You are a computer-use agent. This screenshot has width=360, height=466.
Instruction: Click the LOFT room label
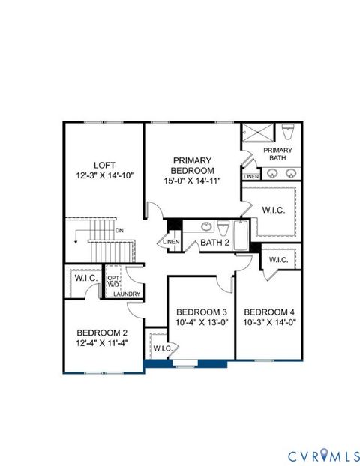(104, 165)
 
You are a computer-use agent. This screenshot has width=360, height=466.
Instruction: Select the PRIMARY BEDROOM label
(192, 165)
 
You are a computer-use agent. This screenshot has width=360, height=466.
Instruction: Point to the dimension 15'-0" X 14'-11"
(192, 181)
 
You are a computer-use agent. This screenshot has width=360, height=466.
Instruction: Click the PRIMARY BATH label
(277, 154)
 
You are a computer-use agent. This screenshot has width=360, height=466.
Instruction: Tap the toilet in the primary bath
(290, 133)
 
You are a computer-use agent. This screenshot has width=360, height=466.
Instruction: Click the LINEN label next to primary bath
(250, 176)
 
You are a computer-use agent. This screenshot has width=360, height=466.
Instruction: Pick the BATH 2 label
(214, 243)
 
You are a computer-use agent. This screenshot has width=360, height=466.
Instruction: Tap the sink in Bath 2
(205, 225)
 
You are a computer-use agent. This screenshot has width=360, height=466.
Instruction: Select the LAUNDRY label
(126, 294)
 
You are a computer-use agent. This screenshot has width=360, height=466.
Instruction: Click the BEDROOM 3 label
(201, 312)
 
